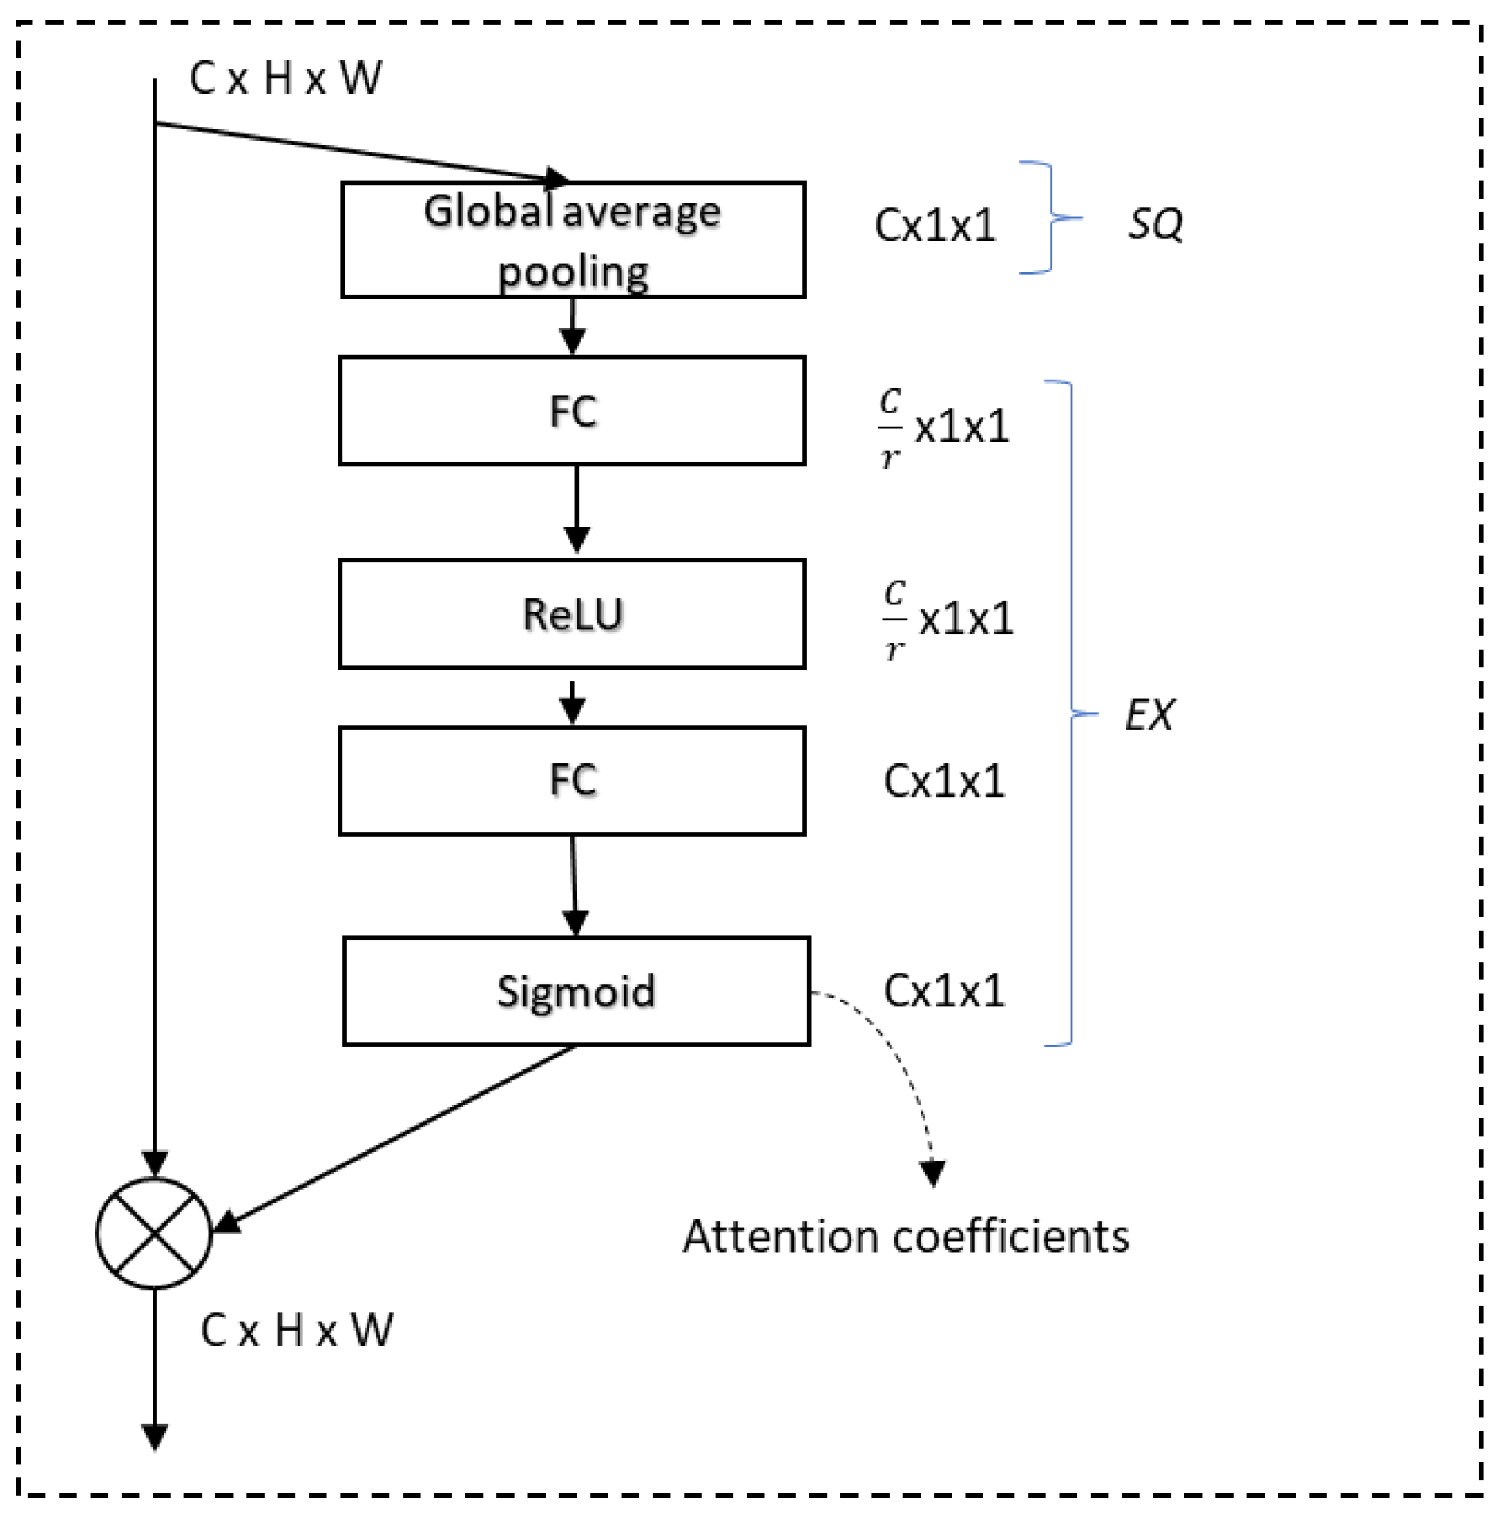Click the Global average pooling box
pyautogui.click(x=573, y=240)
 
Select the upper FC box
pyautogui.click(x=572, y=411)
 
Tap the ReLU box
pyautogui.click(x=572, y=614)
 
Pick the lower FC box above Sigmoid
pyautogui.click(x=572, y=781)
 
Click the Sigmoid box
pyautogui.click(x=576, y=991)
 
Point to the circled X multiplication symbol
pyautogui.click(x=154, y=1233)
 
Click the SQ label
pyautogui.click(x=1155, y=224)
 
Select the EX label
pyautogui.click(x=1149, y=715)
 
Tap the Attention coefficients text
pyautogui.click(x=906, y=1237)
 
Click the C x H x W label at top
pyautogui.click(x=285, y=79)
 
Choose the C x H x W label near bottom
pyautogui.click(x=296, y=1330)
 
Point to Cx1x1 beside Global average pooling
pyautogui.click(x=935, y=226)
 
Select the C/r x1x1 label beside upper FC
pyautogui.click(x=944, y=427)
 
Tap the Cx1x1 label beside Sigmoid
pyautogui.click(x=944, y=991)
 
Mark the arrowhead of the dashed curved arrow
pyautogui.click(x=933, y=1172)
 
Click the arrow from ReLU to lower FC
pyautogui.click(x=573, y=701)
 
